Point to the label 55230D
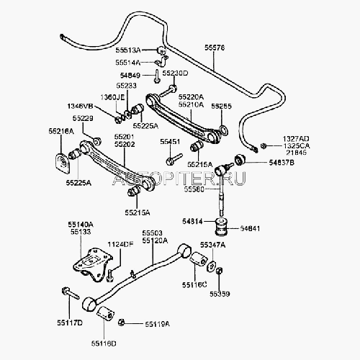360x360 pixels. pos(175,74)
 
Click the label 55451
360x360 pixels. pos(170,142)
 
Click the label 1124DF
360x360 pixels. pos(120,245)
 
